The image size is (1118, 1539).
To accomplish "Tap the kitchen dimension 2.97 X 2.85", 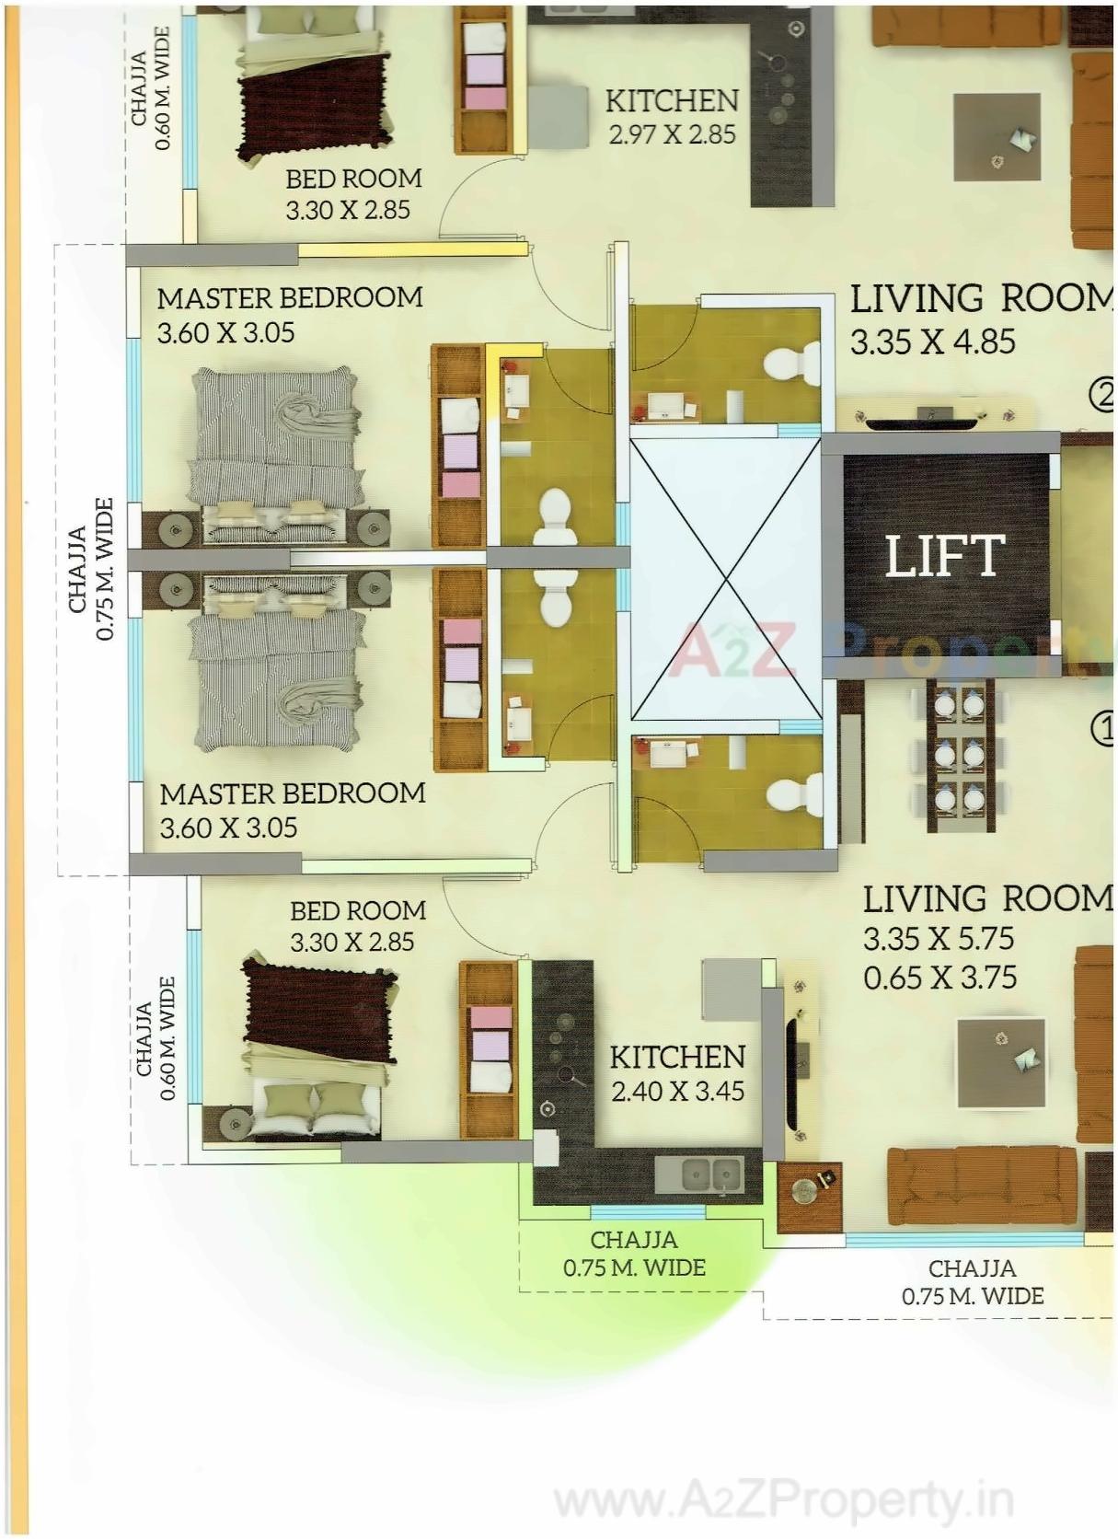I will [672, 134].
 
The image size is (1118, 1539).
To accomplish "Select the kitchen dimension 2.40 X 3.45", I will [677, 1091].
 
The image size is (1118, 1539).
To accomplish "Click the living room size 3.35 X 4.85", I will [932, 341].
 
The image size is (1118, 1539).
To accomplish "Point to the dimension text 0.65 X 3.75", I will [939, 977].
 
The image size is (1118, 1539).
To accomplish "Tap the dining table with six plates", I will [960, 755].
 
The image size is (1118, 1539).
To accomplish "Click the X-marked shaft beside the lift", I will [725, 579].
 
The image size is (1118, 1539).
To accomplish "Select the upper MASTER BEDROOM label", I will [289, 298].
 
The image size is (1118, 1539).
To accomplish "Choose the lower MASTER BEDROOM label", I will [292, 793].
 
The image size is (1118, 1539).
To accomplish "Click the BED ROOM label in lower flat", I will [357, 910].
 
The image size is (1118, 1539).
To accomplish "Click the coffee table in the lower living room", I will [1001, 1063].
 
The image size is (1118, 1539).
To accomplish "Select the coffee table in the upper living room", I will [997, 137].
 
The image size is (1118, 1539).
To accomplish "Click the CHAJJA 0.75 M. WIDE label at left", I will [90, 569].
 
